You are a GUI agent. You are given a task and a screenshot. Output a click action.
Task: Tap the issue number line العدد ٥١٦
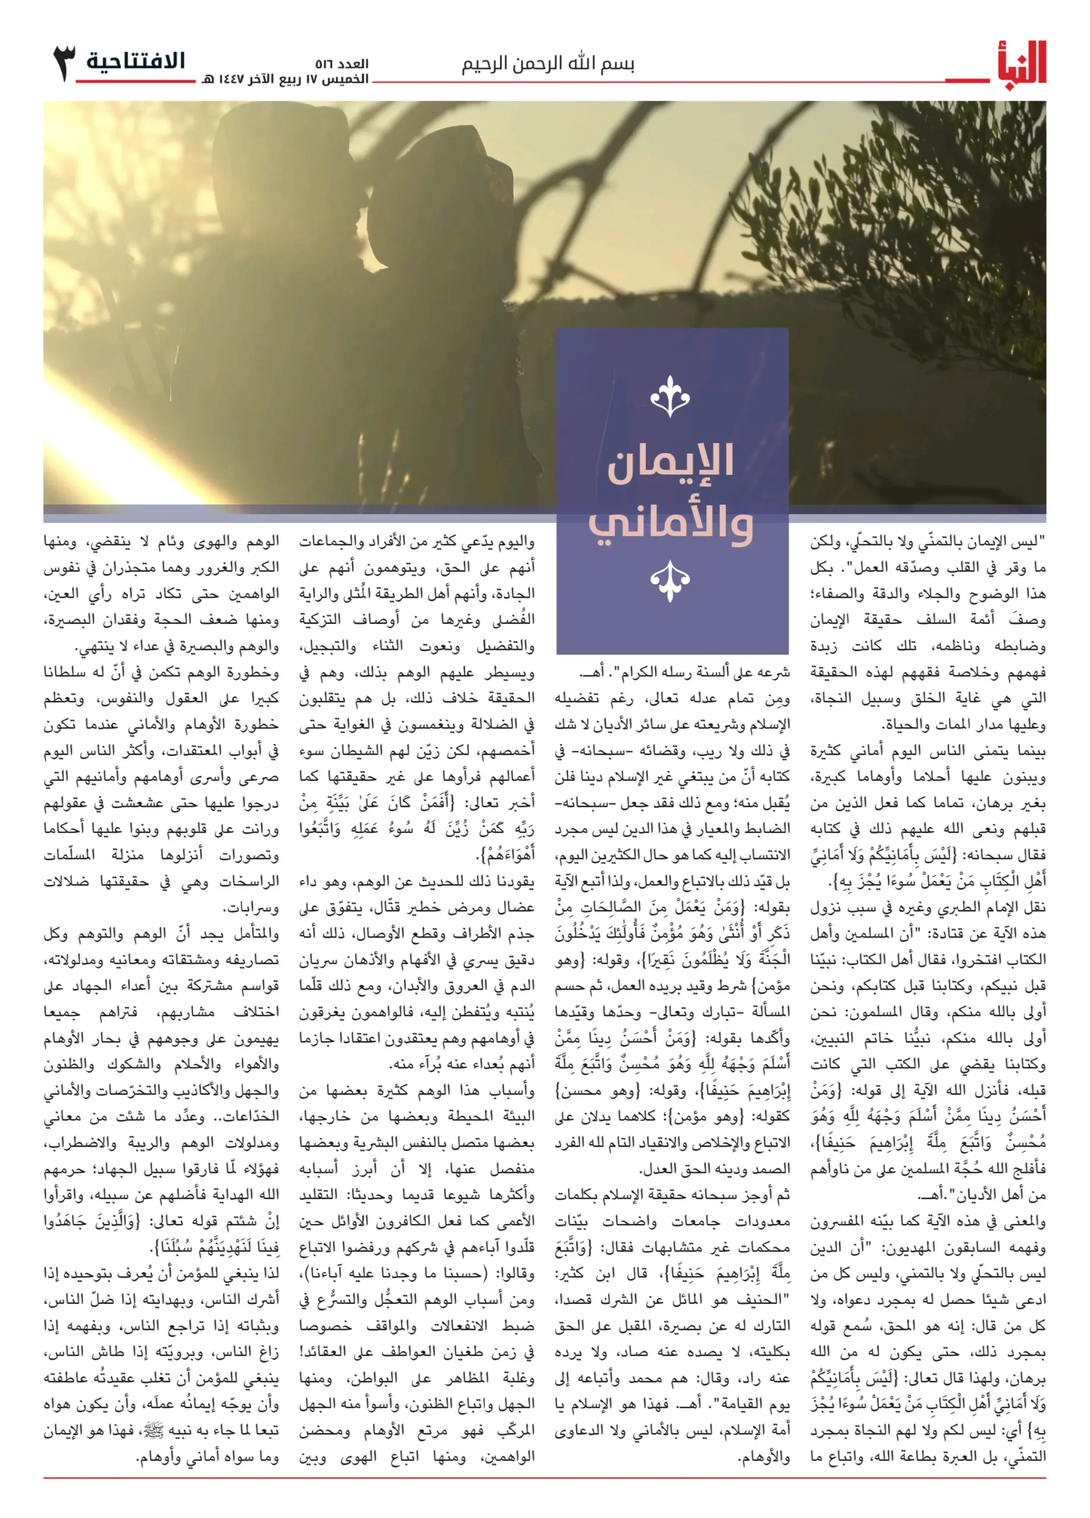pyautogui.click(x=342, y=64)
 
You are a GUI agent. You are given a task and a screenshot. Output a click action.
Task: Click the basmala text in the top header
pyautogui.click(x=548, y=64)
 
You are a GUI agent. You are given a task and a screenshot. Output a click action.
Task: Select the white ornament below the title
pyautogui.click(x=670, y=581)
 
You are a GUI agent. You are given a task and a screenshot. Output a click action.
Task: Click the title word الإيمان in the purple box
pyautogui.click(x=670, y=461)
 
